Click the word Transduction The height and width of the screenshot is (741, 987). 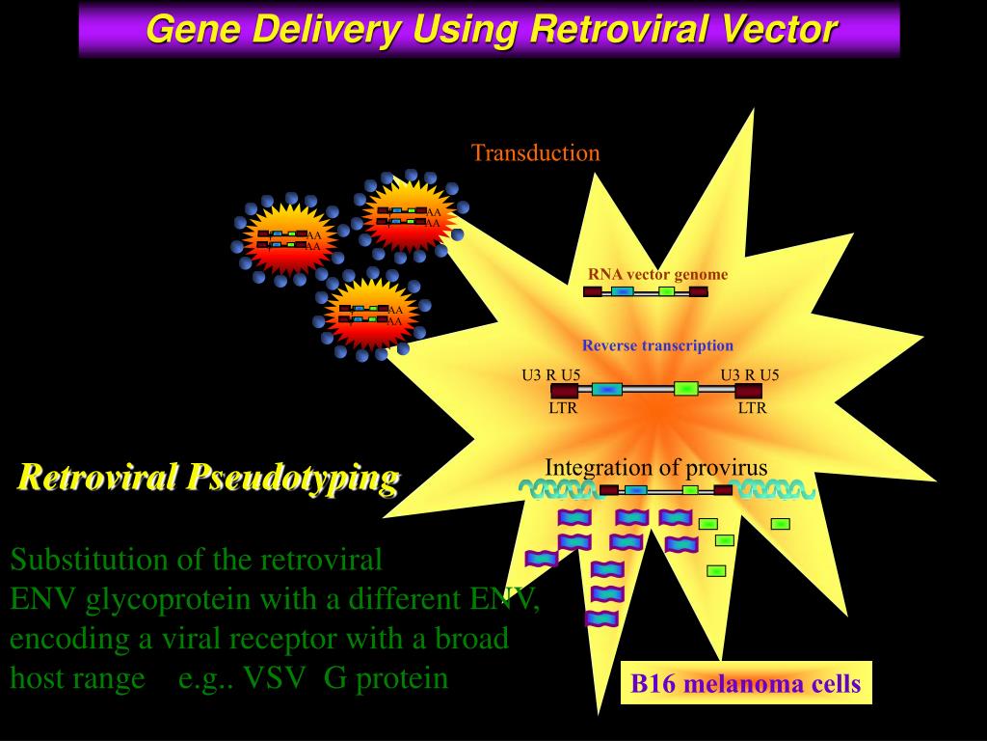[535, 152]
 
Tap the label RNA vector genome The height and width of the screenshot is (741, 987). [657, 274]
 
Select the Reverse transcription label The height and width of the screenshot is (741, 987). [657, 345]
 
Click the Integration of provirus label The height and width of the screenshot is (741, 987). [655, 468]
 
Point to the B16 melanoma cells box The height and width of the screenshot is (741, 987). [745, 684]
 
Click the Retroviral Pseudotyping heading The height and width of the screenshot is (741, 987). [208, 477]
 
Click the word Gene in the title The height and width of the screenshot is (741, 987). [193, 29]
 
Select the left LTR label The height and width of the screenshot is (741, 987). [563, 407]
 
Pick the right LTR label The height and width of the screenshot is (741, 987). [752, 407]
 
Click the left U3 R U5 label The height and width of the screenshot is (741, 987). [551, 375]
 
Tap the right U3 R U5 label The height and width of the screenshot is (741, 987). [750, 375]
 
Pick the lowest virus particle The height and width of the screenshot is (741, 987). [370, 315]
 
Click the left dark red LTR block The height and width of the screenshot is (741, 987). [564, 391]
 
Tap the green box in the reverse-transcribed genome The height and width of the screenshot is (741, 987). [685, 389]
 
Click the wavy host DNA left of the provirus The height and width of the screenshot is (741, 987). [557, 490]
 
